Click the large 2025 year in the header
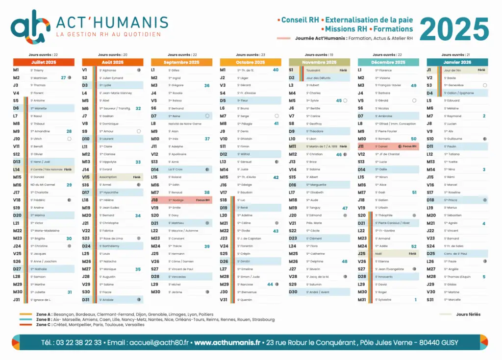[454, 29]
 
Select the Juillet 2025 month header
[44, 62]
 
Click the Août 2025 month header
[113, 62]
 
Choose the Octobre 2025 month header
[251, 62]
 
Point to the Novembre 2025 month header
[320, 62]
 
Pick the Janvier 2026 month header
[457, 62]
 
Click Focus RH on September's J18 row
[203, 200]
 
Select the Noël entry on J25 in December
[378, 254]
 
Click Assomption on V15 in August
[108, 177]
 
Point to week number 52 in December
[414, 246]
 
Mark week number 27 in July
[63, 78]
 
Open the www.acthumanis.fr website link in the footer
[227, 342]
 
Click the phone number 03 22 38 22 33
[72, 342]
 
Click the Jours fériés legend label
[468, 314]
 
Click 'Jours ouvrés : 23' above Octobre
[251, 55]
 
